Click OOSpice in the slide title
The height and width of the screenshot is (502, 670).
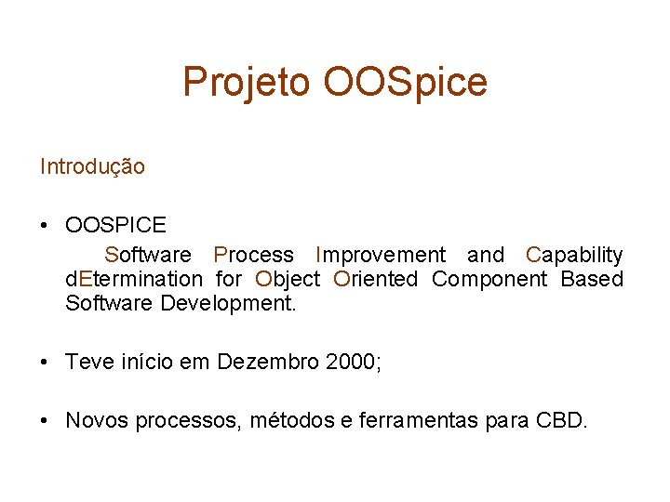point(405,83)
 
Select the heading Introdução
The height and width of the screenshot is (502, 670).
point(92,167)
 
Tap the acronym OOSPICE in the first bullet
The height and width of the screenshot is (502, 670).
point(115,225)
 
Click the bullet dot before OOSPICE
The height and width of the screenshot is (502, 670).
point(45,225)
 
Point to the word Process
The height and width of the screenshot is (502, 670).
point(253,255)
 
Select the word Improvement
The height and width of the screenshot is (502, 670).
point(381,255)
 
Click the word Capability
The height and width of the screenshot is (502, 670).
point(574,255)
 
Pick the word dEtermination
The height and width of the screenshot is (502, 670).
point(133,279)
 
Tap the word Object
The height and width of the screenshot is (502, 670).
point(288,279)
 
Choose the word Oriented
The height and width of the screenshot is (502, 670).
point(376,279)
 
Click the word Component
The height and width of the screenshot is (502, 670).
point(489,279)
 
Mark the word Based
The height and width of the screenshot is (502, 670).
point(592,279)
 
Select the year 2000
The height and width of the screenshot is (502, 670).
point(352,362)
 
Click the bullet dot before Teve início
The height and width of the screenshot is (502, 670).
point(45,362)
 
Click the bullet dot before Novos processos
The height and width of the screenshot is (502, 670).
point(45,421)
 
